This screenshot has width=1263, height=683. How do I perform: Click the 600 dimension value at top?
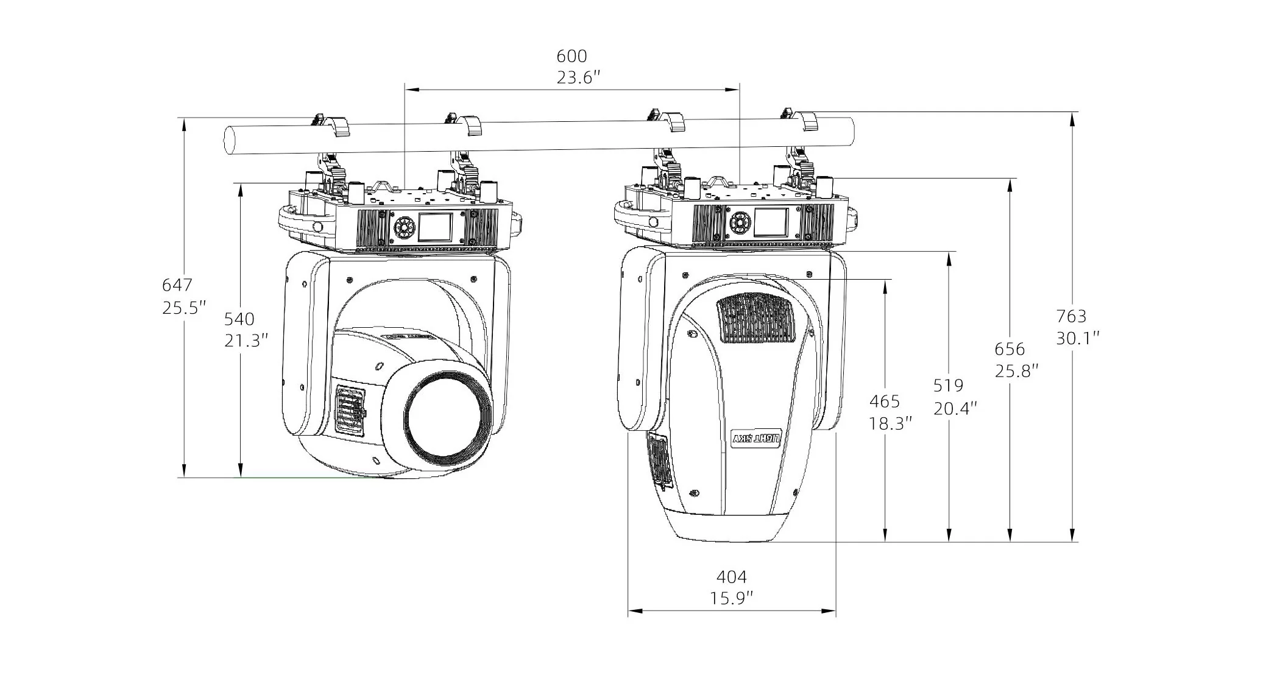coord(571,56)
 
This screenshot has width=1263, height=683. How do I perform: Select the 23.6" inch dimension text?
coord(578,78)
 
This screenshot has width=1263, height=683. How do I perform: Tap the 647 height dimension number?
coord(177,285)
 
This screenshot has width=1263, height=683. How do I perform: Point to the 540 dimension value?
coord(239,319)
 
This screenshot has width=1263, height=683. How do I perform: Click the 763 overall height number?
coord(1071,316)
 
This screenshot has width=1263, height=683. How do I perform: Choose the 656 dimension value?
coord(1010,349)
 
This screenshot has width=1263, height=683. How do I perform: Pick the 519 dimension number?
coord(948,385)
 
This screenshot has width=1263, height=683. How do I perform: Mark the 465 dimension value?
coord(884,402)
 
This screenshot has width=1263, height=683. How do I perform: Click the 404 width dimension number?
coord(731,576)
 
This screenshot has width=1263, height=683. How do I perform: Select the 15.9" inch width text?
coord(731,598)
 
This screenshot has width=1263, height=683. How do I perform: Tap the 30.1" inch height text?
coord(1077,338)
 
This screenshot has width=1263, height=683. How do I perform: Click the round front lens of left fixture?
coord(448,414)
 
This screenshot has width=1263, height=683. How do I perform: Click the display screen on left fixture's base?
coord(435,226)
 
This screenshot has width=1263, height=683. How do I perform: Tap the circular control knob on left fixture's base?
coord(402,227)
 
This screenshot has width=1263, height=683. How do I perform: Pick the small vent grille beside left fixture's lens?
coord(351,411)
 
